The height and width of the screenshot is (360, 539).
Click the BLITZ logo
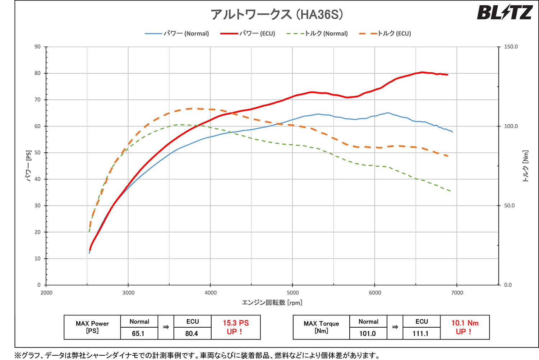click(504, 13)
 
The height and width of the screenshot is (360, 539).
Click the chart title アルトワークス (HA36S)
click(277, 14)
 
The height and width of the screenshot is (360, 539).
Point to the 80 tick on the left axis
click(37, 73)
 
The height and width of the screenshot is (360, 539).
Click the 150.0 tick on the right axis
click(511, 47)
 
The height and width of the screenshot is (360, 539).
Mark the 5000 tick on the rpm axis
click(292, 293)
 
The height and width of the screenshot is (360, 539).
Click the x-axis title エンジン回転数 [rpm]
click(272, 303)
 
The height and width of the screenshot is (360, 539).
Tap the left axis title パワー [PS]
click(29, 166)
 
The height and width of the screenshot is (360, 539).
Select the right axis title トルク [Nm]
click(525, 166)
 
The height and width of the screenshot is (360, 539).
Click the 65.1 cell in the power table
click(138, 333)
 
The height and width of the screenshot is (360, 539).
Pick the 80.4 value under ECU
click(192, 333)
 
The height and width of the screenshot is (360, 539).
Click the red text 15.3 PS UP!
click(235, 327)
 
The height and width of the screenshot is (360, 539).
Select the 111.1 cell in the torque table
click(420, 333)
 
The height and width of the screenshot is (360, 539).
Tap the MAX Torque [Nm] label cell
click(321, 327)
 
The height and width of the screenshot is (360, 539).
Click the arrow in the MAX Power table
click(166, 327)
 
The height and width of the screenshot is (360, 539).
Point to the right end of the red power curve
click(447, 75)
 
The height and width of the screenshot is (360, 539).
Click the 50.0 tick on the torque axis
click(509, 206)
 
